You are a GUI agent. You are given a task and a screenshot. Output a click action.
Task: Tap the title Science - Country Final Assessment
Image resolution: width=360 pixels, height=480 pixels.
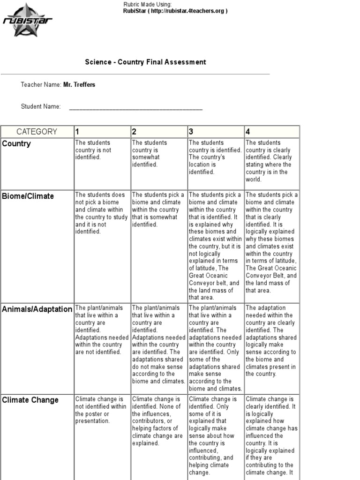pyautogui.click(x=145, y=62)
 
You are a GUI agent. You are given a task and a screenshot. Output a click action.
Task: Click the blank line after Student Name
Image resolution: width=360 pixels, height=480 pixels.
pyautogui.click(x=136, y=107)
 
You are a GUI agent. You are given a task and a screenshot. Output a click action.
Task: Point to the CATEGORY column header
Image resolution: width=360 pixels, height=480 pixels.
pyautogui.click(x=37, y=132)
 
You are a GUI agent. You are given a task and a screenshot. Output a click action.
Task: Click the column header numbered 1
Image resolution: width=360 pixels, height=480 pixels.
pyautogui.click(x=78, y=132)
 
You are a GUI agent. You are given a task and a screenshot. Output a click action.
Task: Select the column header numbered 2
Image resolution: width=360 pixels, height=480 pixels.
pyautogui.click(x=134, y=132)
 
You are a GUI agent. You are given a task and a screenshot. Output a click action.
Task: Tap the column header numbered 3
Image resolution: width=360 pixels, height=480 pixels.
pyautogui.click(x=191, y=132)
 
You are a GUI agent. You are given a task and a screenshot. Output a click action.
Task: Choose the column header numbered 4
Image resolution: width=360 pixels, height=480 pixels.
pyautogui.click(x=248, y=132)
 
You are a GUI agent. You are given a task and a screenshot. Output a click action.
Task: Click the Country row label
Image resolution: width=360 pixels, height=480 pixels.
pyautogui.click(x=16, y=144)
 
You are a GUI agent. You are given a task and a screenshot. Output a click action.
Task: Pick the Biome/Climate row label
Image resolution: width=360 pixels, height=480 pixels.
pyautogui.click(x=28, y=196)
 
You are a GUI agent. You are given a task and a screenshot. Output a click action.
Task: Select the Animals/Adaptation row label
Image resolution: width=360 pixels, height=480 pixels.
pyautogui.click(x=37, y=309)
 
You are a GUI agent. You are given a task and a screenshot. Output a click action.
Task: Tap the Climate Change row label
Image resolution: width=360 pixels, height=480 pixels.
pyautogui.click(x=30, y=400)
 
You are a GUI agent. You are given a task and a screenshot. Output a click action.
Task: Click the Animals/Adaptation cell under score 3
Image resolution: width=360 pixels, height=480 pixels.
pyautogui.click(x=215, y=348)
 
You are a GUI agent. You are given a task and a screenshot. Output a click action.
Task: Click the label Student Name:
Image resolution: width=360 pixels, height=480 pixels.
pyautogui.click(x=41, y=106)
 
